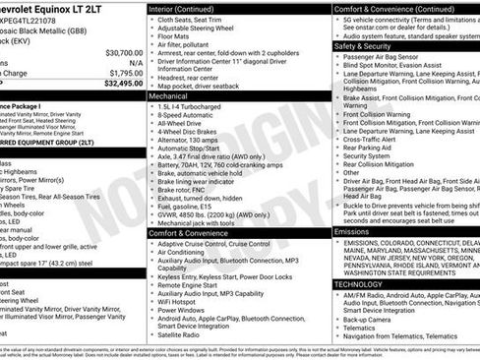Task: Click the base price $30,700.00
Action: pyautogui.click(x=124, y=52)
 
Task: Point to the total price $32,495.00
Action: pyautogui.click(x=124, y=83)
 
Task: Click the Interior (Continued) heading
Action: pyautogui.click(x=188, y=7)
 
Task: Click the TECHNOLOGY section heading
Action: pyautogui.click(x=363, y=283)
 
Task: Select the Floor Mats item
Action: pyautogui.click(x=178, y=35)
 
